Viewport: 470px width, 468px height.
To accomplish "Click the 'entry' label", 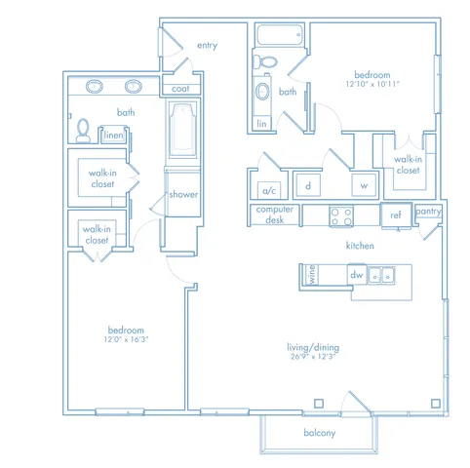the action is point(207,45).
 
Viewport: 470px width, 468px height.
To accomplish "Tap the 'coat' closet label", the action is point(180,89).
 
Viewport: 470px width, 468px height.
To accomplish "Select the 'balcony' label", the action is point(319,433).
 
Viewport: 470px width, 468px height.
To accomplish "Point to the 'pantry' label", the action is point(428,212).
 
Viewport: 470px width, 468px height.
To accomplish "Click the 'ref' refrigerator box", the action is point(396,215).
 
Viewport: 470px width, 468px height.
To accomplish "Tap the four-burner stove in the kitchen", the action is point(341,216).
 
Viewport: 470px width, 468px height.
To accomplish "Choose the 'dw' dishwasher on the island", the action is point(357,275).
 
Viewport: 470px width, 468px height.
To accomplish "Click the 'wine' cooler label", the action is point(312,274).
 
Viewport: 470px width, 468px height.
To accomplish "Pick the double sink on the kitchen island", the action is point(381,275).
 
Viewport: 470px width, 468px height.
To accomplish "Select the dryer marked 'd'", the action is point(308,185).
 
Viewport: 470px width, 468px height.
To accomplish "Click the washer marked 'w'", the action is point(364,185).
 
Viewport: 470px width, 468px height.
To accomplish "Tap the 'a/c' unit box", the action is point(269,190).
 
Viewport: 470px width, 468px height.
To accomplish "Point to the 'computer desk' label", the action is point(275,214).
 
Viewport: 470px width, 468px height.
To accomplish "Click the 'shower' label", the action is point(183,194).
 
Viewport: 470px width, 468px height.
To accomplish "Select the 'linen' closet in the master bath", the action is point(113,135).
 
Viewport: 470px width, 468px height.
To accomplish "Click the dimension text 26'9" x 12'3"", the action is point(313,357).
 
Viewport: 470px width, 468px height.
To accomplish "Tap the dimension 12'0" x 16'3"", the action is point(126,339).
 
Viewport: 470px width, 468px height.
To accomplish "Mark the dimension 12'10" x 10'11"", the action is point(372,84).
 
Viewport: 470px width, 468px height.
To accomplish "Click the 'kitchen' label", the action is point(360,246).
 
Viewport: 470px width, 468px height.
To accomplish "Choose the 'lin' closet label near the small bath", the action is point(261,124).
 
